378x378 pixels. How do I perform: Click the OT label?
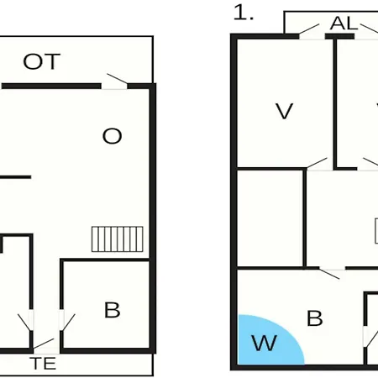coord(42,61)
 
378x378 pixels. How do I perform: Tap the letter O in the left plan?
coord(113,136)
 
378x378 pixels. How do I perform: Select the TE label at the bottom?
coord(43,363)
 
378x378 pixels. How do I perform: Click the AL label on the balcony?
coord(344,24)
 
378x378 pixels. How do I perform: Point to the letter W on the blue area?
coord(265,343)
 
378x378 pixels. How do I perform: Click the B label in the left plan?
coord(113,310)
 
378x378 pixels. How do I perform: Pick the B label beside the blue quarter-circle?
coord(315,318)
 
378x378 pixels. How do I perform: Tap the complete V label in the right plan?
coord(284,111)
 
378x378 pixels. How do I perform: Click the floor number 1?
coord(243,13)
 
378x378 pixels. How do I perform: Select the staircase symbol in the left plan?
coord(118,239)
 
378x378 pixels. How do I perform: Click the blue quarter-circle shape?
coord(266,340)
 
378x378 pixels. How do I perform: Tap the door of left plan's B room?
coord(66,321)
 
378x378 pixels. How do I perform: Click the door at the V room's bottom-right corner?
coord(319,165)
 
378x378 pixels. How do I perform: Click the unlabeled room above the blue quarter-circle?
coord(270,218)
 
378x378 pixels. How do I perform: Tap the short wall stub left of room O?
coord(15,177)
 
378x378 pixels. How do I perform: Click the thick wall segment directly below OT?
coord(51,86)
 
